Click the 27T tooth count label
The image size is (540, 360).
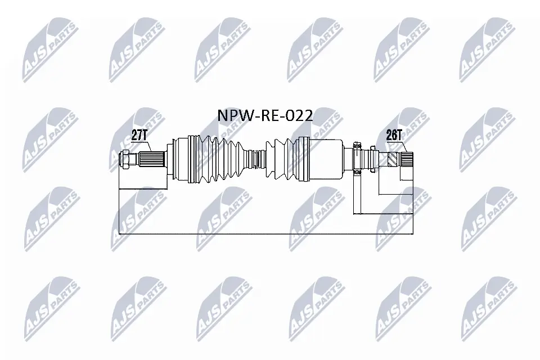(140, 134)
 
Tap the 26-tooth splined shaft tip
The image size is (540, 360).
(406, 159)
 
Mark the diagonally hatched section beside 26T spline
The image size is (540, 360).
(393, 159)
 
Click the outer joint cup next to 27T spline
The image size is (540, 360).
(180, 159)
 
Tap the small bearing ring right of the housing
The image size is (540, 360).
(357, 159)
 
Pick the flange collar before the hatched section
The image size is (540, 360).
(372, 159)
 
